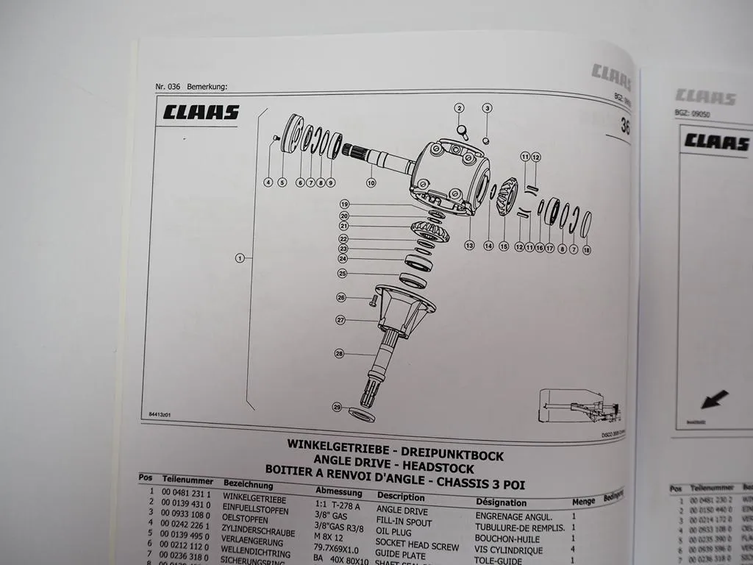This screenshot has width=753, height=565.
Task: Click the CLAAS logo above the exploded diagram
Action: pyautogui.click(x=201, y=113)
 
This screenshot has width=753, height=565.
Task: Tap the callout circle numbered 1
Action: pyautogui.click(x=240, y=258)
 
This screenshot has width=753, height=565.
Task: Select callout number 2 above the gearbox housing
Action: pyautogui.click(x=460, y=109)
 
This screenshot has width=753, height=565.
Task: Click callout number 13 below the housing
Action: pyautogui.click(x=470, y=245)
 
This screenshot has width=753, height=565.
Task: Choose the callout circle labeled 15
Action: pyautogui.click(x=504, y=246)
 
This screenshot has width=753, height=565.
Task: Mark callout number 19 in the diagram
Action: pyautogui.click(x=343, y=204)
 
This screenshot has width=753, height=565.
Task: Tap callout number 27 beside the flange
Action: pyautogui.click(x=340, y=320)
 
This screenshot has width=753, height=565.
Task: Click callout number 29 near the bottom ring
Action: pyautogui.click(x=337, y=407)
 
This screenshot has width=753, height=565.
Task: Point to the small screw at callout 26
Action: pyautogui.click(x=374, y=299)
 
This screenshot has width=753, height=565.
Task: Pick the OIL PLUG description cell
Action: pyautogui.click(x=394, y=532)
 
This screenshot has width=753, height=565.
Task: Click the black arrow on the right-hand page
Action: pyautogui.click(x=713, y=399)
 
